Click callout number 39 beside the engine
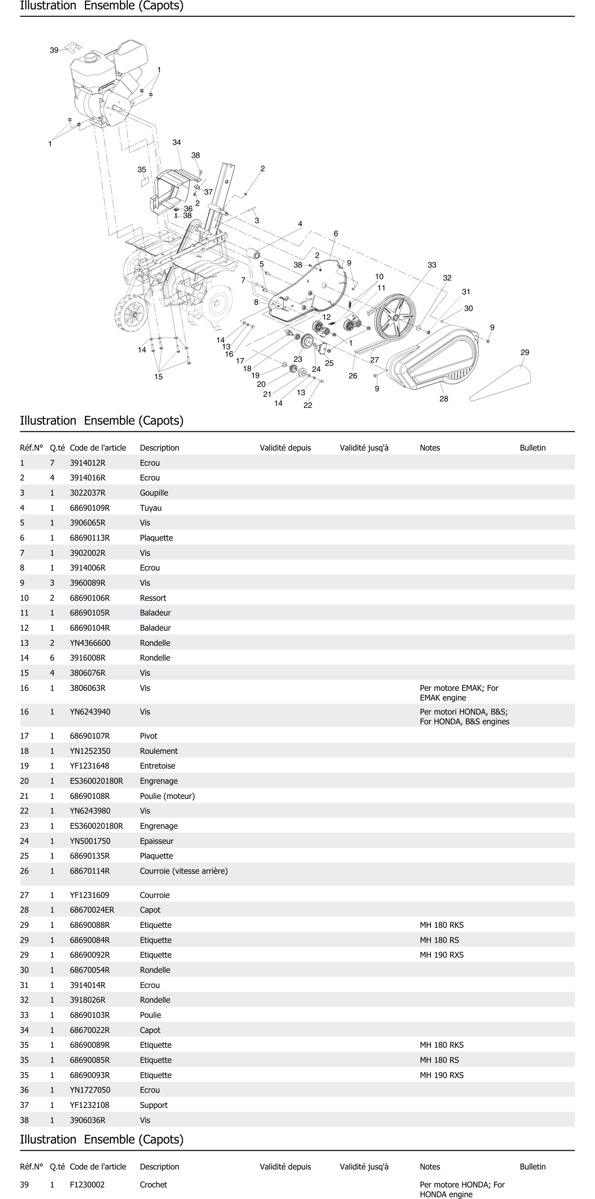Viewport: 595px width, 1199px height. tap(54, 50)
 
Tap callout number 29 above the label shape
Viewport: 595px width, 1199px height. tap(525, 352)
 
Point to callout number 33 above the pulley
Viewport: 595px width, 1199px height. tap(432, 265)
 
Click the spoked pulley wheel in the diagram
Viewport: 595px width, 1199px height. tap(395, 317)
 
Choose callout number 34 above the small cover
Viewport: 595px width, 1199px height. tap(176, 142)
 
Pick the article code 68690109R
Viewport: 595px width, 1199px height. tap(90, 508)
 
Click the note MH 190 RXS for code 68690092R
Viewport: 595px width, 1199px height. tap(441, 955)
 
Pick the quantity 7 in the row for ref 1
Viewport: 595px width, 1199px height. tap(52, 463)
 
